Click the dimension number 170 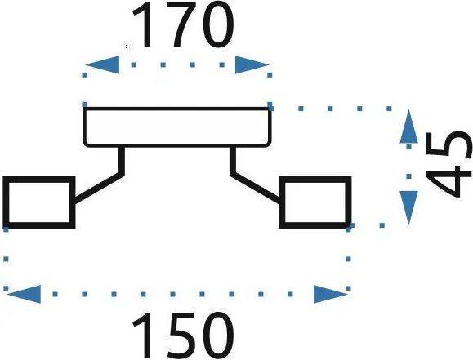[x=183, y=24]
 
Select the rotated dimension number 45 [x=448, y=164]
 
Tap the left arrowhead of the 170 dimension [x=103, y=64]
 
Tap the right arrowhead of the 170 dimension [x=252, y=64]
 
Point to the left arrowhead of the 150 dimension [x=24, y=294]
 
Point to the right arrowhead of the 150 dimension [x=331, y=294]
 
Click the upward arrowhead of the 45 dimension [x=408, y=126]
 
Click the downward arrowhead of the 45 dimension [x=408, y=207]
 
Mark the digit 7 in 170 [x=183, y=24]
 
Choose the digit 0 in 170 [x=218, y=24]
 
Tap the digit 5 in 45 [x=448, y=145]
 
